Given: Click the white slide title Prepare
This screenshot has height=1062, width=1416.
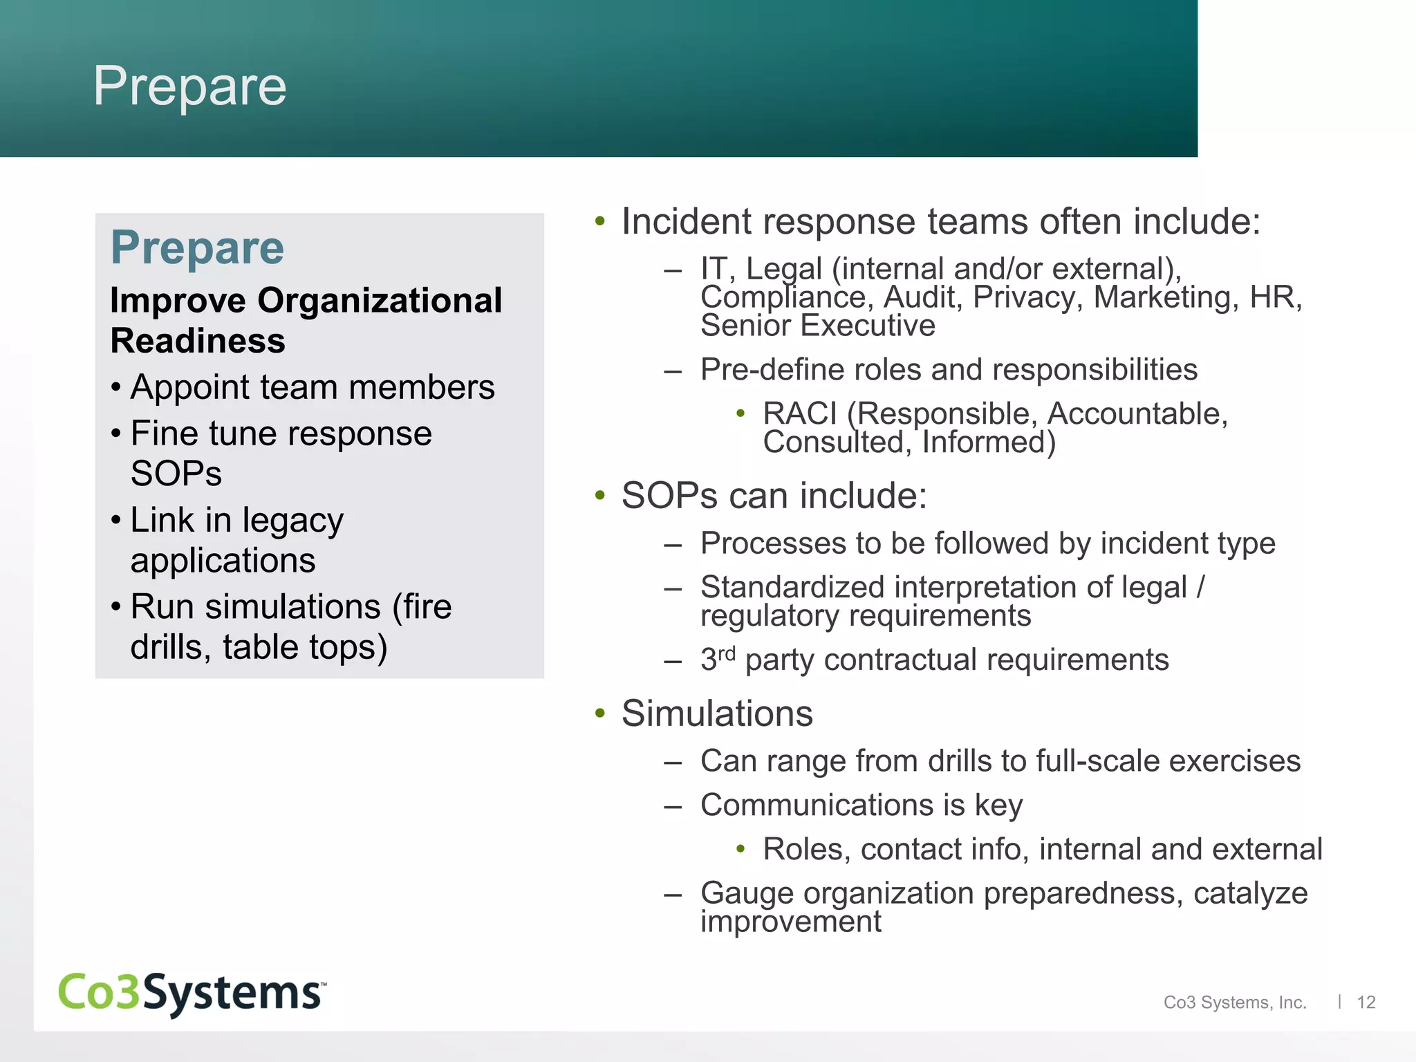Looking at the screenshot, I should pyautogui.click(x=189, y=86).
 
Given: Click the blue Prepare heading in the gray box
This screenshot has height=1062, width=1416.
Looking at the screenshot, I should pyautogui.click(x=197, y=248).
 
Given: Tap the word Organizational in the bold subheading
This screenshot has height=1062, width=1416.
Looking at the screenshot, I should pyautogui.click(x=380, y=301).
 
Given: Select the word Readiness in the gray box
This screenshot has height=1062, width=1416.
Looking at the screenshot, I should pyautogui.click(x=198, y=341).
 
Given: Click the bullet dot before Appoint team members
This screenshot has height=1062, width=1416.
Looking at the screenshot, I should pyautogui.click(x=115, y=387).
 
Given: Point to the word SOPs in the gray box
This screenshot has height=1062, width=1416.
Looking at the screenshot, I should pyautogui.click(x=176, y=474).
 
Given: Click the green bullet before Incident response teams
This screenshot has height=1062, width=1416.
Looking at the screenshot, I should pyautogui.click(x=599, y=222).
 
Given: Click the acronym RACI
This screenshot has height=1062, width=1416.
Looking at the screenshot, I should pyautogui.click(x=800, y=414).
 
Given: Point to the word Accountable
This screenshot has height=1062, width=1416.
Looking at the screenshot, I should pyautogui.click(x=1137, y=414).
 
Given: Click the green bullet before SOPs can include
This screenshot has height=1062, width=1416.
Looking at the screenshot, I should pyautogui.click(x=599, y=496).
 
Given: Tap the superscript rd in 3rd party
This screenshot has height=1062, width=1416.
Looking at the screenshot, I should pyautogui.click(x=726, y=653).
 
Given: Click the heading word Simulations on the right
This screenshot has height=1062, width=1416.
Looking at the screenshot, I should pyautogui.click(x=717, y=714).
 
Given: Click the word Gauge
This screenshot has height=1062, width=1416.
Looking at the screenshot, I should pyautogui.click(x=747, y=893).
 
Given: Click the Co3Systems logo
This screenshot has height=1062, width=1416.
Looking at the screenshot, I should pyautogui.click(x=192, y=993).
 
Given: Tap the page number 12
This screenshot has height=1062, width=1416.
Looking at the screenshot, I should pyautogui.click(x=1366, y=1003).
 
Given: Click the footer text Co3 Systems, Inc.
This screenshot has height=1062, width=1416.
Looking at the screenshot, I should pyautogui.click(x=1235, y=1003).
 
